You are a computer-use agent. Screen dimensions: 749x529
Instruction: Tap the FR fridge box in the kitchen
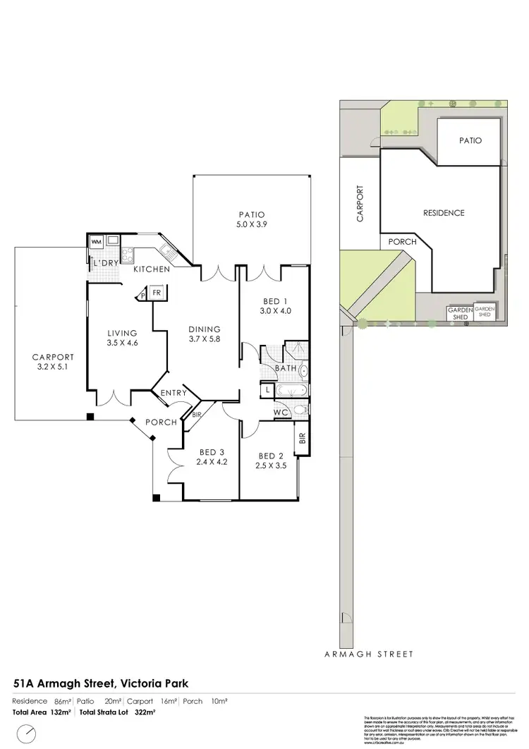coord(156,293)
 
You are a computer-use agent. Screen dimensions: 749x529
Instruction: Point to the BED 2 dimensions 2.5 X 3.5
coord(271,465)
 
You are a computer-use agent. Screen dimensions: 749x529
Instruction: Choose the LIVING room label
coord(121,334)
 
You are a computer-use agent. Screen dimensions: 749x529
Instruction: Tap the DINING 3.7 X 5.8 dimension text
coord(205,339)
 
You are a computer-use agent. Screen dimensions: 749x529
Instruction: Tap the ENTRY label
coord(174,393)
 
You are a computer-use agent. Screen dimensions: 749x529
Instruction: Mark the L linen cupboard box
coord(269,389)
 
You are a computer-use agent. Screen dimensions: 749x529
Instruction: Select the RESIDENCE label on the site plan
coord(444,213)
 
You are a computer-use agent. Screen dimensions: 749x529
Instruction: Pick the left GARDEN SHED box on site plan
coord(460,313)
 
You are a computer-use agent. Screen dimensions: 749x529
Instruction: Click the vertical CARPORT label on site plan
coord(360,204)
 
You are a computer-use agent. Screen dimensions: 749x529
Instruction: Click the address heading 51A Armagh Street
coord(101,683)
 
